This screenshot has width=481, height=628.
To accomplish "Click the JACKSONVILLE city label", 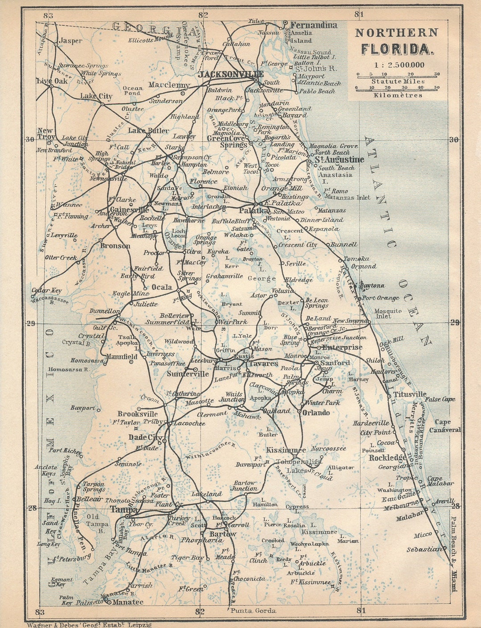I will pos(231,74).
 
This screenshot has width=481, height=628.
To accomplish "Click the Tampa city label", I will pos(124,510).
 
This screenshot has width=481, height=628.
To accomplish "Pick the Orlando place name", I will pos(316,413).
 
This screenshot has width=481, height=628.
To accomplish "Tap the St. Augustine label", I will pos(339,159).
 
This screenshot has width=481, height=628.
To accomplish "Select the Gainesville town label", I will pos(129,209).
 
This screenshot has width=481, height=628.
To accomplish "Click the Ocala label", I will pos(162,287).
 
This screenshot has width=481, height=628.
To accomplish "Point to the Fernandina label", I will pos(314,25).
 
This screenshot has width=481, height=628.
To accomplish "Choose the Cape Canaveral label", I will pos(444,426).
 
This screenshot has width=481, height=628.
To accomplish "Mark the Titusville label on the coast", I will pos(409,394).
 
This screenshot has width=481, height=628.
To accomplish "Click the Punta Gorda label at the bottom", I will pos(253,611).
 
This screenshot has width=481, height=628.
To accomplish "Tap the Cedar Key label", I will pos(46,291).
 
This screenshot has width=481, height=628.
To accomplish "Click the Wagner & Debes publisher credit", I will pos(89,624).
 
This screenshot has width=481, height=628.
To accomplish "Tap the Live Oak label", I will pos(52,81).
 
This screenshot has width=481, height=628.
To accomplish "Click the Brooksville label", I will pos(138,414).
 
